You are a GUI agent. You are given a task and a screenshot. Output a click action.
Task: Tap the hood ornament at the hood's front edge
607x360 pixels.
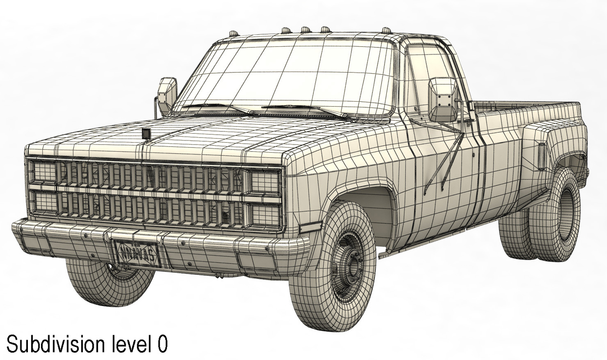[146, 133]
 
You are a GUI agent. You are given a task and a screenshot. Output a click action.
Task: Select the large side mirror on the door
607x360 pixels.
[443, 99]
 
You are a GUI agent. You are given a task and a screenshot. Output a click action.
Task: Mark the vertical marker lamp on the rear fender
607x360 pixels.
[542, 156]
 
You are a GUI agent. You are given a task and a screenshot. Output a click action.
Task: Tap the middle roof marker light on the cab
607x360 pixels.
[305, 30]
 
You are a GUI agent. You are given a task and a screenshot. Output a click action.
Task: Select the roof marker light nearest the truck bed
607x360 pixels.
[386, 31]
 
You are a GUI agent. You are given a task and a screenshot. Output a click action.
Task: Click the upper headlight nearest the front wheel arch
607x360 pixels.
[264, 182]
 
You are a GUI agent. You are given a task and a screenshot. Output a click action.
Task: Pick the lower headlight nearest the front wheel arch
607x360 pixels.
[264, 215]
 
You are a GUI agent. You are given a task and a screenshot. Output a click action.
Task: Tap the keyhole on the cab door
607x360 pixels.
[474, 154]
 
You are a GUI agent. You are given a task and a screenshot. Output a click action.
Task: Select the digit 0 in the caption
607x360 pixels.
[162, 345]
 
